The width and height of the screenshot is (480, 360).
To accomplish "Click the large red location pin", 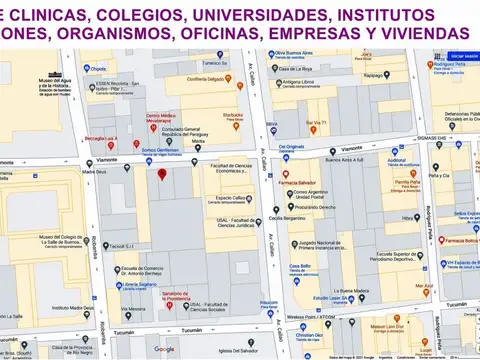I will [162, 176].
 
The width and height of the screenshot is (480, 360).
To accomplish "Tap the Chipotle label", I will [98, 69].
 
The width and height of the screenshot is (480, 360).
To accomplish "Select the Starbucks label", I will [232, 116].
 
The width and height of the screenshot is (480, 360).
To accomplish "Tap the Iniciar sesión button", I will [464, 56].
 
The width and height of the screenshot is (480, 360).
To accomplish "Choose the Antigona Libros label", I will [298, 82].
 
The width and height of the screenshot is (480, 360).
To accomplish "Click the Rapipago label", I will [375, 74].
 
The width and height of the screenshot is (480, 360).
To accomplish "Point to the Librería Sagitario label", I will [141, 284].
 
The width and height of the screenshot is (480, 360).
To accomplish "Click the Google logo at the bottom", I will [165, 349].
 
